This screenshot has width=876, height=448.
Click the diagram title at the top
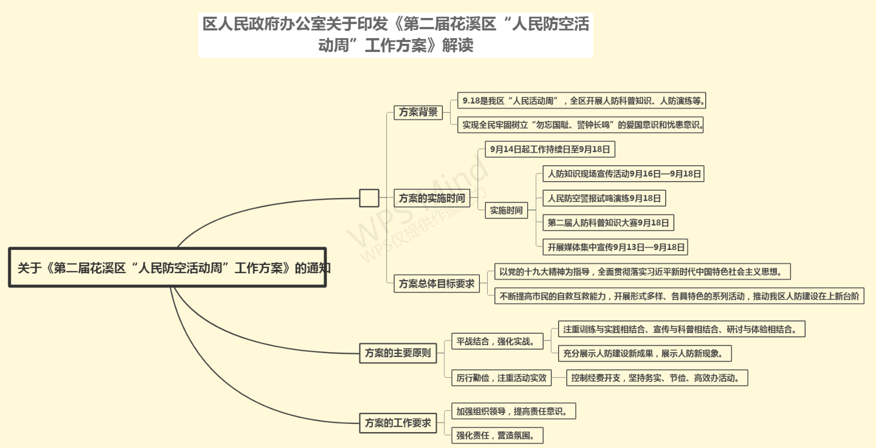396,35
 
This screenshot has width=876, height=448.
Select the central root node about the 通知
167,267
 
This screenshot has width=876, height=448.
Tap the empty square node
369,198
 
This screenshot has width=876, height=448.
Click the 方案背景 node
418,112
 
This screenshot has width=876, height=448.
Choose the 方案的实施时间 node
432,198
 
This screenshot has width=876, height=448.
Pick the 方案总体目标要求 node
437,284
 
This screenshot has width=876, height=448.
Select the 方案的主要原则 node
398,353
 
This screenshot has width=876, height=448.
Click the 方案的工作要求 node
398,423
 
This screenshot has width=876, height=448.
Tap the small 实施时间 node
506,211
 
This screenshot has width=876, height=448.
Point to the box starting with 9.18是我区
582,101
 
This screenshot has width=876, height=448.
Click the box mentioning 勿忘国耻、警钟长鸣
580,125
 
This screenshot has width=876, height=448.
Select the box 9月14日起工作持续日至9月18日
550,149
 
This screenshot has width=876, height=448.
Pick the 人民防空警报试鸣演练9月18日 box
604,198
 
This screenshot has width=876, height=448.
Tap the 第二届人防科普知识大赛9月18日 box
608,223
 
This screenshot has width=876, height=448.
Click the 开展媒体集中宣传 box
616,247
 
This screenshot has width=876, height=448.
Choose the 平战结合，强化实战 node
497,342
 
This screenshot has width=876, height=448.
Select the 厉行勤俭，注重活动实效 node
502,378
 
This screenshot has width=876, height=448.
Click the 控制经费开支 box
657,378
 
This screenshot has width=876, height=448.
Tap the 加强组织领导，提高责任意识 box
514,411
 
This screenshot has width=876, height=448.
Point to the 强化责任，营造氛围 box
497,435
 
